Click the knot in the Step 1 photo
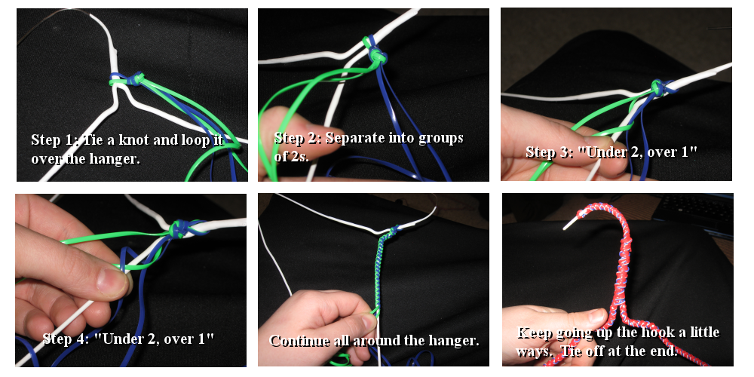[x=128, y=79]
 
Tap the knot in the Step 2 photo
[x=376, y=53]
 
